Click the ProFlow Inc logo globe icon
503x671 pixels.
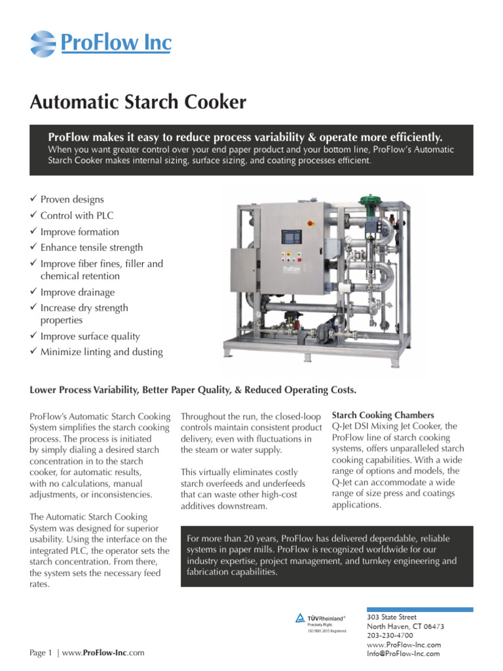[43, 44]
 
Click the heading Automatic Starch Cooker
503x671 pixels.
[138, 102]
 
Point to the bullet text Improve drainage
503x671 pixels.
[77, 292]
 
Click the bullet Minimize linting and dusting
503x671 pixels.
[102, 352]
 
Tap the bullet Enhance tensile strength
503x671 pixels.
[91, 248]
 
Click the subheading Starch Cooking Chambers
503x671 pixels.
[383, 415]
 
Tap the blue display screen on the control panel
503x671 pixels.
[291, 237]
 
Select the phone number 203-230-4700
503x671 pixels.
[390, 635]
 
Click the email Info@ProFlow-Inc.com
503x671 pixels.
[403, 653]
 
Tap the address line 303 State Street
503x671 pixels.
[392, 617]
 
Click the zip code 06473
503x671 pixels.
[434, 626]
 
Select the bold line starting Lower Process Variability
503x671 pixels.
[193, 390]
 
